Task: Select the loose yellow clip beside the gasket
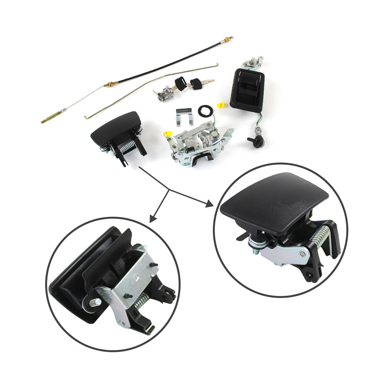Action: pyautogui.click(x=221, y=105)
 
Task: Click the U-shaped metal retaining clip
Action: pyautogui.click(x=185, y=115)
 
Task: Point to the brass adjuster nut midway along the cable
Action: pyautogui.click(x=110, y=84)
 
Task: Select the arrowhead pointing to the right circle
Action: pyautogui.click(x=209, y=204)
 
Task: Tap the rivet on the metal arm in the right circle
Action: pyautogui.click(x=301, y=255)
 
